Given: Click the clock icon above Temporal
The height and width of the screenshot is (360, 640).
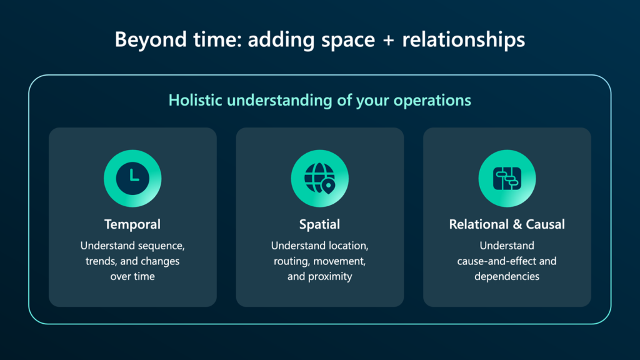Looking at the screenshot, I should tap(132, 178).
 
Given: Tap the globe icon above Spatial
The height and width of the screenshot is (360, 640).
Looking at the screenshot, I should tap(319, 178).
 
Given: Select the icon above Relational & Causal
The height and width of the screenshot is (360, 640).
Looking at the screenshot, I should tap(507, 178).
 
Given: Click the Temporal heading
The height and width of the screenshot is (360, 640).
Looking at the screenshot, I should tap(132, 224).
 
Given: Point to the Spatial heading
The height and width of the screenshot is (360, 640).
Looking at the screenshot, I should tap(319, 224).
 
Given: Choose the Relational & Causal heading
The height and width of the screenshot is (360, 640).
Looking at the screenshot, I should tap(507, 224).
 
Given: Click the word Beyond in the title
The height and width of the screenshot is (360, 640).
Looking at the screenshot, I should tap(147, 40).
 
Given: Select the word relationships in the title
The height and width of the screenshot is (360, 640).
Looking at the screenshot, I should tap(463, 40).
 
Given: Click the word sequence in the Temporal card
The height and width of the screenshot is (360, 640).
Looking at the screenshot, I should tap(162, 246).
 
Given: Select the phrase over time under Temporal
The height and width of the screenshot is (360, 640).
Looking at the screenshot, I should tap(132, 276).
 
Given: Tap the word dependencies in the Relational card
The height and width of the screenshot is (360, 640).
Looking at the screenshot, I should tap(507, 276).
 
